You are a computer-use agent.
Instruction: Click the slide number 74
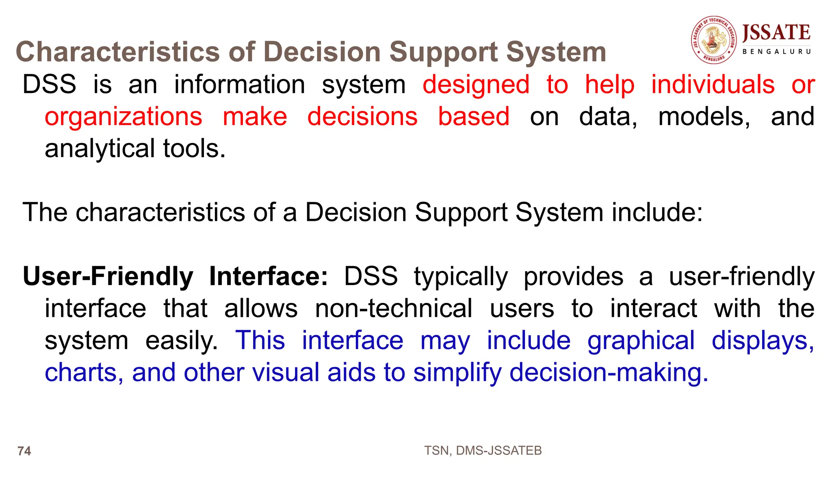24,451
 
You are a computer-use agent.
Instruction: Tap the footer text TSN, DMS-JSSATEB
483,450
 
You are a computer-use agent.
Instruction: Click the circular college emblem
714,40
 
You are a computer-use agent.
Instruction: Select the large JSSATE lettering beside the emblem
776,32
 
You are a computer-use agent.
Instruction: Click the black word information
240,84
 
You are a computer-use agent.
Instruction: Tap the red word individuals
713,84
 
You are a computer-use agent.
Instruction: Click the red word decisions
362,117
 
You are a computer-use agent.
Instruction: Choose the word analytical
100,149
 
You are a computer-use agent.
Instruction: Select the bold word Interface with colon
269,276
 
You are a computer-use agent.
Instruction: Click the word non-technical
394,308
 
